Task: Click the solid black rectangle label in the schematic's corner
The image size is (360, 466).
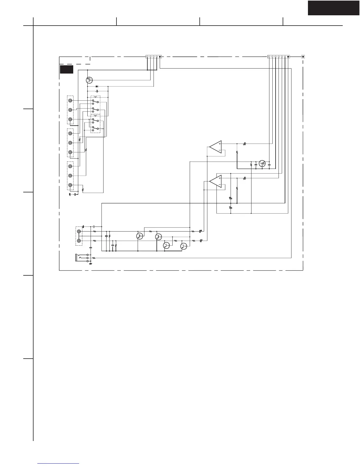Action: (66, 69)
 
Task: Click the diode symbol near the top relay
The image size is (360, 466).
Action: (97, 86)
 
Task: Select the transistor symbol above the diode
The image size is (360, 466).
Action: (89, 80)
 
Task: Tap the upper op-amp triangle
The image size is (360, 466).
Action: (216, 147)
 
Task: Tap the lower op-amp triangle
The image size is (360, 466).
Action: (216, 181)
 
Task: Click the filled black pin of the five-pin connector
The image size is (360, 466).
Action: (160, 56)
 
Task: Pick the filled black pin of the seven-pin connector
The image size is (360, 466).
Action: (288, 56)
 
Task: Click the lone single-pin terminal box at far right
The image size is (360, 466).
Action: (303, 56)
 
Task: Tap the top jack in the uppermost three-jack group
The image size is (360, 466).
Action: (70, 101)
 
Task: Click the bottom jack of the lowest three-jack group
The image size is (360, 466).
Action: (70, 185)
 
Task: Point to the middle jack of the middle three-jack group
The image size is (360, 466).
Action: (70, 143)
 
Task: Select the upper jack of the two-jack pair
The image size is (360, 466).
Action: (79, 232)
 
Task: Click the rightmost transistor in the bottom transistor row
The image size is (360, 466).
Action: (184, 245)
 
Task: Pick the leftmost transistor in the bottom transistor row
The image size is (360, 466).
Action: (140, 236)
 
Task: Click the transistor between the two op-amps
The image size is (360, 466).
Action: (262, 163)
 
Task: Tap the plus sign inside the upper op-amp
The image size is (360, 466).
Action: (220, 144)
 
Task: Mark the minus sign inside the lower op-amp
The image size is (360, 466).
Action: (220, 185)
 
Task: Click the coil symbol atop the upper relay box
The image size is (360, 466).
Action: (96, 97)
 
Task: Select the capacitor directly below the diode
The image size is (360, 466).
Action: (97, 91)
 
